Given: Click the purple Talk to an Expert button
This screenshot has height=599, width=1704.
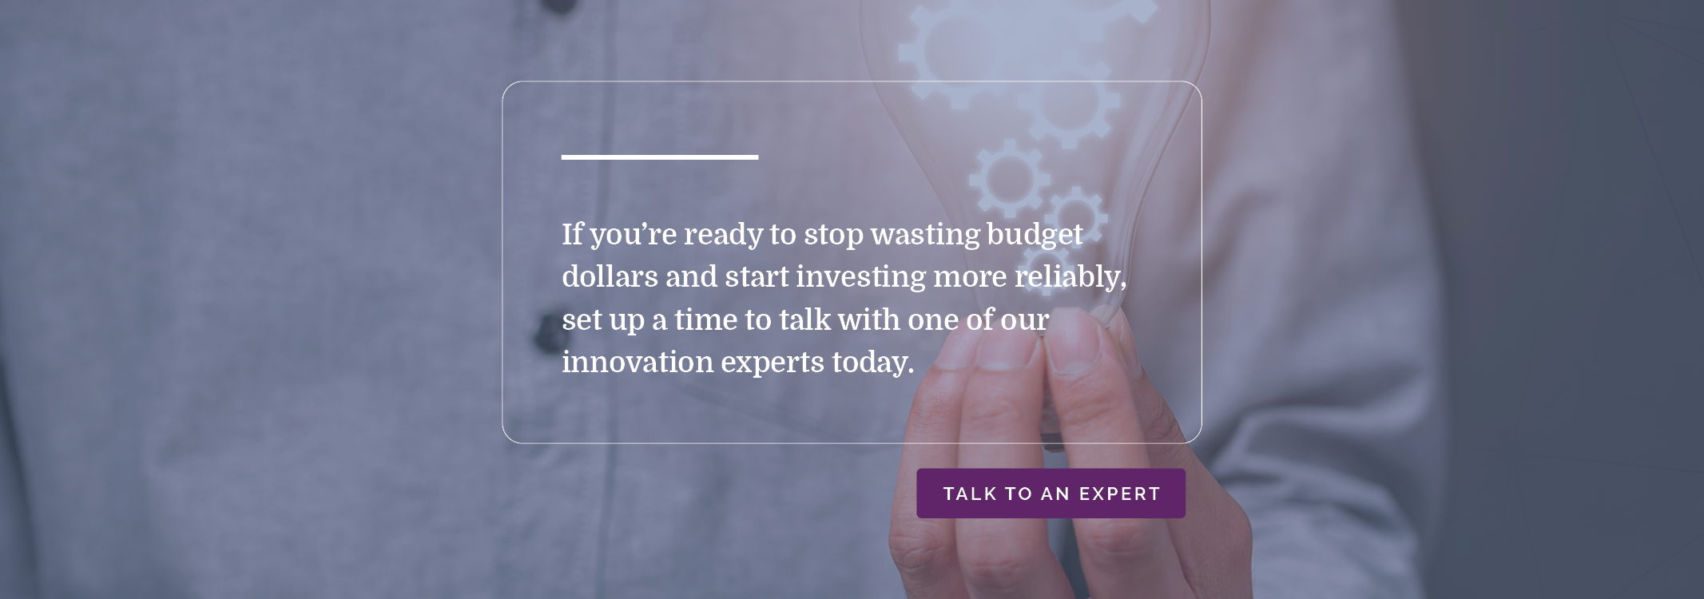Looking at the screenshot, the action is tap(1051, 494).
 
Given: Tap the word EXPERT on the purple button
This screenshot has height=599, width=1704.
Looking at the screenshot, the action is tap(1119, 494).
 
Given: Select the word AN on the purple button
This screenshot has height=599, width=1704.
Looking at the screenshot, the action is tap(1055, 494).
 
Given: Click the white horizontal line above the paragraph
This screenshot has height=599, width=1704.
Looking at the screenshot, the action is tap(660, 157).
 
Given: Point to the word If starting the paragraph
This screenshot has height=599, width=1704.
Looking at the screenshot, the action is tap(572, 234).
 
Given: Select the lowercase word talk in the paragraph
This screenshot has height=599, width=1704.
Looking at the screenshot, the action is tap(805, 319).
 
